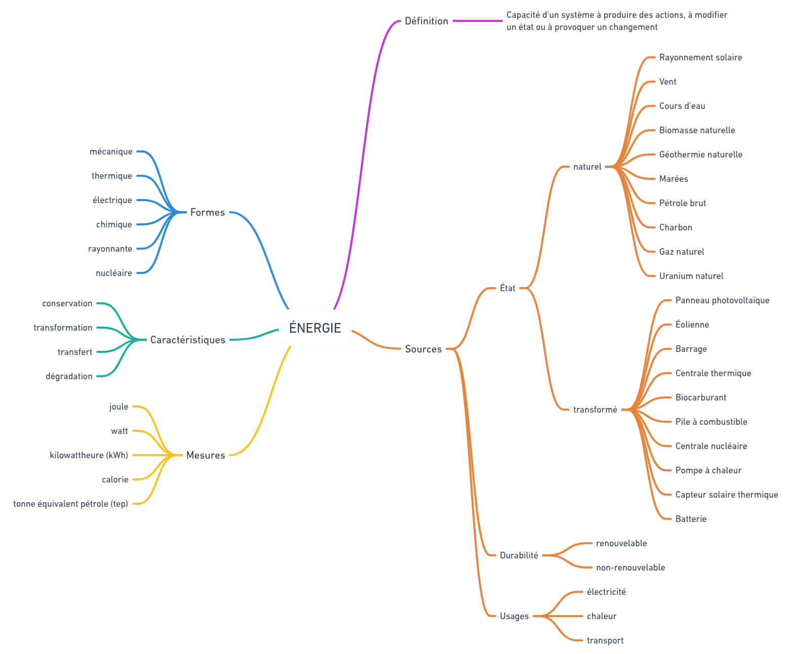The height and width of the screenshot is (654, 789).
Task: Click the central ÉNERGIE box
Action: [x=315, y=328]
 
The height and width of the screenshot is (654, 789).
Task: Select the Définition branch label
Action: [x=426, y=21]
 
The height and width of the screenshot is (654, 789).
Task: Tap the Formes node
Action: [x=207, y=213]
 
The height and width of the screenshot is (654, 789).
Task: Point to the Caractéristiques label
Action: [x=188, y=340]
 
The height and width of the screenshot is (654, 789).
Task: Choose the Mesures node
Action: [x=205, y=456]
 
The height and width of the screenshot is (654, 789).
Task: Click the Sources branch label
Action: [x=423, y=349]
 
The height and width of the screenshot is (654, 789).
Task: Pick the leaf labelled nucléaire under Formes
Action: [x=114, y=273]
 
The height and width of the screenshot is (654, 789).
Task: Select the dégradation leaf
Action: [x=69, y=377]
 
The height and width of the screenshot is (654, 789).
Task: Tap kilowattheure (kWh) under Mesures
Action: [x=89, y=456]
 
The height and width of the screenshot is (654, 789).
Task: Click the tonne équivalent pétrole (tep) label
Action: [x=71, y=504]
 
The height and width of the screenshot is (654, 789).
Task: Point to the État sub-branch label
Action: [x=507, y=289]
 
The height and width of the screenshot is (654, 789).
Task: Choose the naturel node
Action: [x=587, y=167]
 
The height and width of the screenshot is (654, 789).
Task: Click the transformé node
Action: [x=595, y=410]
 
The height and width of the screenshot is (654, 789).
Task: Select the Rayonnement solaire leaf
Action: [x=700, y=58]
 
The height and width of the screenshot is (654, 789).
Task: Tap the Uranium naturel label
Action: [x=691, y=276]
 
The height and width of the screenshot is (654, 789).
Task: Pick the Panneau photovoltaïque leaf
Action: [x=722, y=301]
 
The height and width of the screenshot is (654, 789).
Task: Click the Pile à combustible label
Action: [x=711, y=422]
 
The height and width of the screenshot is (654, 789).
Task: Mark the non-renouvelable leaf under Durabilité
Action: [x=630, y=568]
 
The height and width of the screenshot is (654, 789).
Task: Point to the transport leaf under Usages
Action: [x=605, y=641]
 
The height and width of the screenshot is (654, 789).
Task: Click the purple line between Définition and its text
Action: [x=477, y=21]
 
